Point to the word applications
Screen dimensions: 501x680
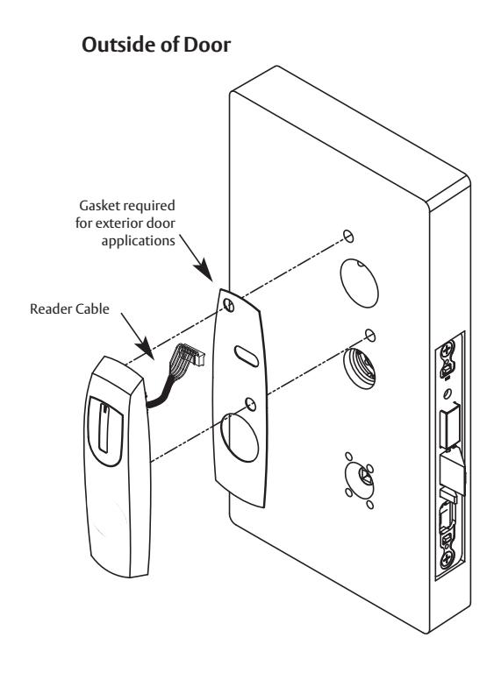pos(138,241)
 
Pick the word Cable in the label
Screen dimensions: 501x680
pos(92,308)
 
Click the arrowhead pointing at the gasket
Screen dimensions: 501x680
pos(204,270)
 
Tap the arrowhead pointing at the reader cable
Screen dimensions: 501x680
pos(146,349)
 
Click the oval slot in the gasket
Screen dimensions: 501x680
pos(247,356)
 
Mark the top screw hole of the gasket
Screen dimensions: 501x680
pos(229,305)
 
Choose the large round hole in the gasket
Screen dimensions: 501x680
pos(240,437)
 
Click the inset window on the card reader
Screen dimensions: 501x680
pos(105,430)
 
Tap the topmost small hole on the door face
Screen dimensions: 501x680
pos(348,236)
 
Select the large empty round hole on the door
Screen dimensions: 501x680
pos(360,283)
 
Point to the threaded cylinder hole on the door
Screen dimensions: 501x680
pos(360,369)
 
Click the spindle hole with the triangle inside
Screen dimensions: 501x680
pos(360,479)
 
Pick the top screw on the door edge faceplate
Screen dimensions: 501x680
pos(447,350)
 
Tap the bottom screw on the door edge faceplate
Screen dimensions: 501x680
pos(447,559)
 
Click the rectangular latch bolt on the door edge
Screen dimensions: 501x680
pos(450,429)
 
